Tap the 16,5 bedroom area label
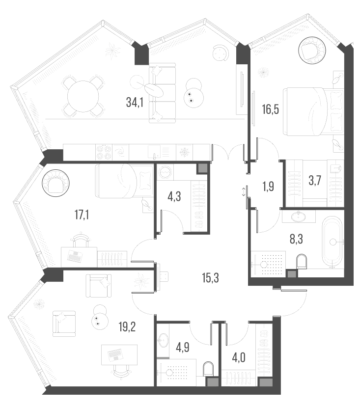(x=271, y=108)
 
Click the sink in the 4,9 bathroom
(x=164, y=338)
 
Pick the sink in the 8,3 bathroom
(x=299, y=216)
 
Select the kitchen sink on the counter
(x=155, y=151)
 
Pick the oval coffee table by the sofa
(x=155, y=89)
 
